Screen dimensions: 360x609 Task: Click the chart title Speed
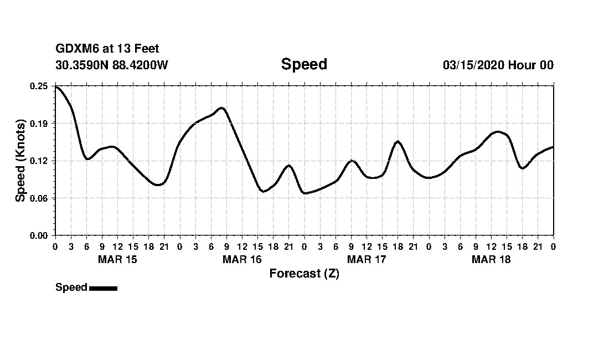point(304,64)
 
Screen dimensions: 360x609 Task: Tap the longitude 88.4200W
point(140,65)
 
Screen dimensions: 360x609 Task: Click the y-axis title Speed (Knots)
point(20,161)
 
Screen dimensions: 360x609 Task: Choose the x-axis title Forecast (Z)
point(304,274)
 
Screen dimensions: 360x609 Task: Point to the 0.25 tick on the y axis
point(39,86)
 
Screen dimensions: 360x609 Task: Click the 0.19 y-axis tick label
point(39,123)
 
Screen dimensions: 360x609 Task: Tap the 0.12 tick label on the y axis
point(39,161)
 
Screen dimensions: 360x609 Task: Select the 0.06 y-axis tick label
point(39,198)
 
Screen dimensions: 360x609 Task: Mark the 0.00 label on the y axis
point(39,235)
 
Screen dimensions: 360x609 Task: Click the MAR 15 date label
point(117,259)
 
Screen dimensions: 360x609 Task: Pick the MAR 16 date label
point(242,259)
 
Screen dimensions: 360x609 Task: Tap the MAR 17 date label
point(367,259)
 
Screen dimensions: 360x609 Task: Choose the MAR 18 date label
point(491,259)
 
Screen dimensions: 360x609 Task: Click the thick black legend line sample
point(103,288)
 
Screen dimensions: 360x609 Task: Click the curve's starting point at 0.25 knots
point(55,86)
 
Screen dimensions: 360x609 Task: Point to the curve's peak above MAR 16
point(221,108)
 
